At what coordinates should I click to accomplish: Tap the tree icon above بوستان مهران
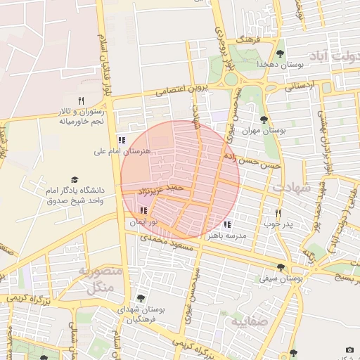[x=264, y=120]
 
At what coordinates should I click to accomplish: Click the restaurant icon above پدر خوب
[x=278, y=213]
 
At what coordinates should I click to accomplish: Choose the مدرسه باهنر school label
[x=223, y=236]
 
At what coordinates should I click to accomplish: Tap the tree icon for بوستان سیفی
[x=281, y=267]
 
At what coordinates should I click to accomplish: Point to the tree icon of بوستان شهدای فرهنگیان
[x=141, y=298]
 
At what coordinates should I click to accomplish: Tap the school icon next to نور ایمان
[x=143, y=210]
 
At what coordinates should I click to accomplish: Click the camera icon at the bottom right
[x=349, y=349]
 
